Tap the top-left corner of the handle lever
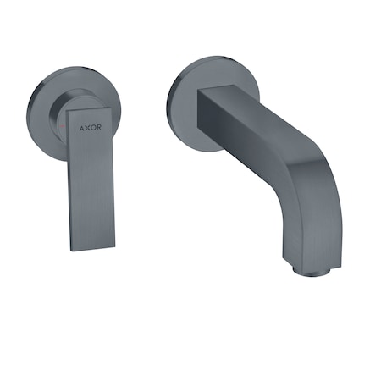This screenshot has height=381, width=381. tap(67, 110)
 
